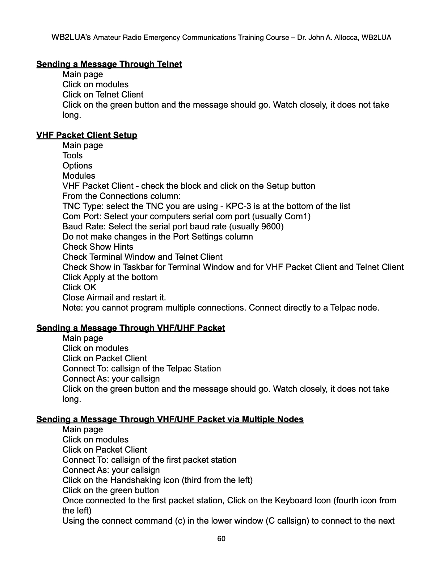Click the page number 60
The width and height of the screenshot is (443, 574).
pyautogui.click(x=221, y=538)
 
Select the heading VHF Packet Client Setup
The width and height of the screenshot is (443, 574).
pyautogui.click(x=87, y=135)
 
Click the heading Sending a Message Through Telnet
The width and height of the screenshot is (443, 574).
pyautogui.click(x=109, y=64)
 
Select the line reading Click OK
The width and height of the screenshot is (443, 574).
pyautogui.click(x=79, y=287)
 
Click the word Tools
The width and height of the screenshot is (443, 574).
pyautogui.click(x=72, y=155)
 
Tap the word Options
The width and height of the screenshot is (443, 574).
pyautogui.click(x=77, y=166)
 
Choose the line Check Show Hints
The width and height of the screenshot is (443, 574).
pyautogui.click(x=98, y=247)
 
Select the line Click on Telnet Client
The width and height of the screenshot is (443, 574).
pyautogui.click(x=103, y=95)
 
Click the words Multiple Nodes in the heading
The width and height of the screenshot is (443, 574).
pyautogui.click(x=273, y=419)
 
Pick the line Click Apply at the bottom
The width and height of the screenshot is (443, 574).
pyautogui.click(x=110, y=277)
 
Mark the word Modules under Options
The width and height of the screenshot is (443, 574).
pyautogui.click(x=79, y=176)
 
